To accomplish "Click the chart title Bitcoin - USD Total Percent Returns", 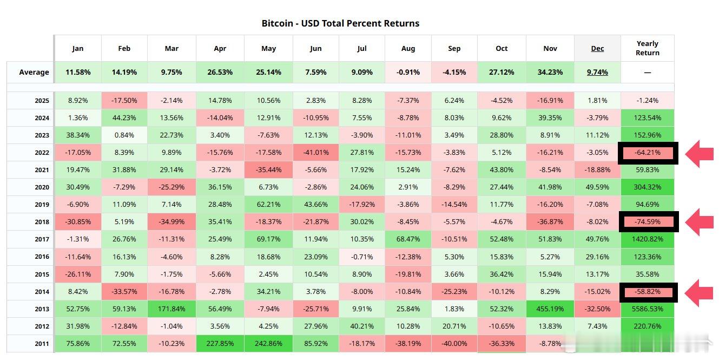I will [x=340, y=23].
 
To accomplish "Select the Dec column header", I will [x=597, y=48].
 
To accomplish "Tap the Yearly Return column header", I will [x=648, y=48].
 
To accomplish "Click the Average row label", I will [x=34, y=72].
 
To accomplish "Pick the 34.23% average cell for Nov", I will [x=550, y=72].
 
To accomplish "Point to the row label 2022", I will [x=42, y=153].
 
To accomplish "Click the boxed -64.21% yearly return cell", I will [x=648, y=153].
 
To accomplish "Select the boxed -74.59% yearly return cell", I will [x=648, y=221].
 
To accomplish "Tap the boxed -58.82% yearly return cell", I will [x=648, y=292].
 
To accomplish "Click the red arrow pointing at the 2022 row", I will [x=700, y=153].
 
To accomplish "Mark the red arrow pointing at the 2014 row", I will [x=700, y=292].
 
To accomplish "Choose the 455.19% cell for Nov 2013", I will [x=550, y=309].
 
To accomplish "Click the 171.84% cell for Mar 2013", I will [x=171, y=309].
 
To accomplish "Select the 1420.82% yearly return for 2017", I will [x=648, y=239].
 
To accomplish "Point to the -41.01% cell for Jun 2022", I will [x=316, y=153].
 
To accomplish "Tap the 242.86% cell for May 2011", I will [x=269, y=343].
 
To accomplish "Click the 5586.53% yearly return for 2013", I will [x=648, y=309].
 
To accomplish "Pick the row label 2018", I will [x=42, y=222].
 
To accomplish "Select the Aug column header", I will [x=408, y=48].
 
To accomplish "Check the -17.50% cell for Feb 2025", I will [x=124, y=100].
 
